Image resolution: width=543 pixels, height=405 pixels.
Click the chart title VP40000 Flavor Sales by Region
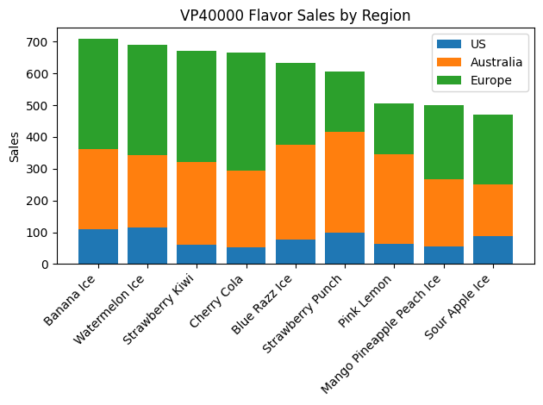coord(295,16)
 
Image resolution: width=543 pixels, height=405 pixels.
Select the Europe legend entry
coord(490,81)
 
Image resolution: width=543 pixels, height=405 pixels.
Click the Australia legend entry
coord(496,62)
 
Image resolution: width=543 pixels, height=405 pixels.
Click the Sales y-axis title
coord(15,146)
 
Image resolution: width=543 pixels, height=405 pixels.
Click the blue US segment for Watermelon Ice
coord(147,246)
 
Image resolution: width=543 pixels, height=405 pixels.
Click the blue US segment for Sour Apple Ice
coord(493,250)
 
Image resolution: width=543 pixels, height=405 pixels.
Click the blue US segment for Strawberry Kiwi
coord(197,254)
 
